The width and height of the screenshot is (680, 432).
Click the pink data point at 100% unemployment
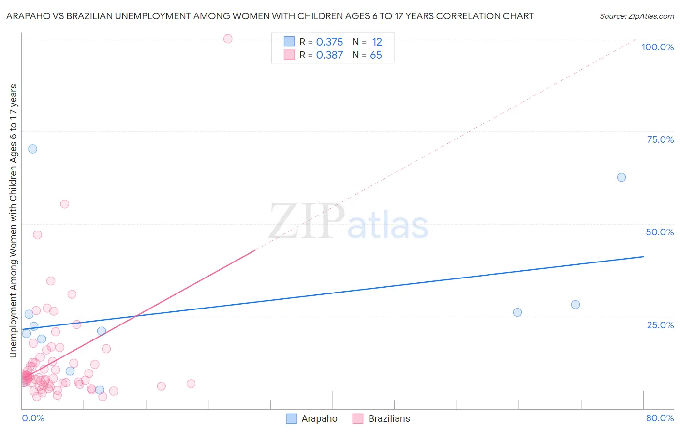coord(228,39)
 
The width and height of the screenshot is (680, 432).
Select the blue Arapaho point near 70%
coord(32,149)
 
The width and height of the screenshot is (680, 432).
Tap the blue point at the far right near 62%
coord(621,177)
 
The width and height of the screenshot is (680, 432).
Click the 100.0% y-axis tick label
coord(657,47)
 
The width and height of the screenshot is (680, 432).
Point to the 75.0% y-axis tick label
coord(660,139)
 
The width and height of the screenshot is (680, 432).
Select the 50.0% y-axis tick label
coord(660,232)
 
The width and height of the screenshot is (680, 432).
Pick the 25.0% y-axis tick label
coord(660,325)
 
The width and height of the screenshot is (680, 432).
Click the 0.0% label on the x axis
coord(33,418)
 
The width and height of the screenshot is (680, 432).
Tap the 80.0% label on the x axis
coord(660,418)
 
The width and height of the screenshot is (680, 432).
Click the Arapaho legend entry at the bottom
coord(319,418)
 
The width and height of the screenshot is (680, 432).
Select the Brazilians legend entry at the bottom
coord(389,418)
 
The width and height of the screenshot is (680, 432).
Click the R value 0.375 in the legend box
coord(329,42)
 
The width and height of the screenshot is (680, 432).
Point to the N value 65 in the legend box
coord(376,55)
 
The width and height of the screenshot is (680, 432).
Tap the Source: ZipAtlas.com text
coord(636,16)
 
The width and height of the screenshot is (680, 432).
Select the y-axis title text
coord(13,220)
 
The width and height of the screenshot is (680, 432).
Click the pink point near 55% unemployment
coord(64,204)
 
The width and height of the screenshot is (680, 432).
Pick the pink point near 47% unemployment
coord(37,235)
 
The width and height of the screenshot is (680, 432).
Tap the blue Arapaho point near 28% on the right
coord(575,305)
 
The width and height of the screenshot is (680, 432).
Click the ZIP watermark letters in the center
coord(307,222)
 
